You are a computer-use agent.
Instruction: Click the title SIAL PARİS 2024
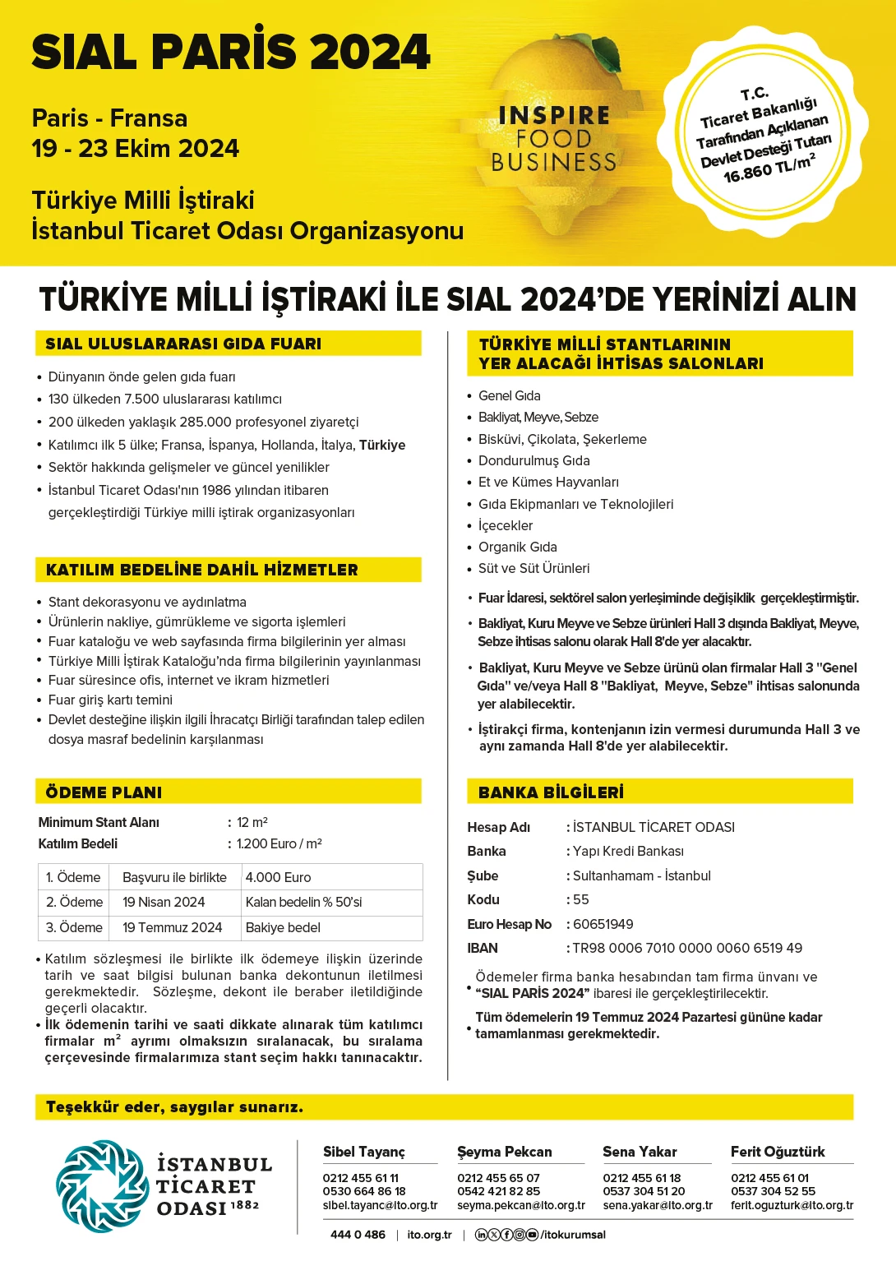tap(231, 53)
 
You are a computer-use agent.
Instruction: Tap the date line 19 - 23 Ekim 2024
tap(136, 149)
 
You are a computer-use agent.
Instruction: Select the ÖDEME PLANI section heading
tap(104, 792)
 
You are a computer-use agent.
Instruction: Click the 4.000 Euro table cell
tap(279, 877)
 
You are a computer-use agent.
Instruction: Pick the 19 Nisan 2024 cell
tap(164, 902)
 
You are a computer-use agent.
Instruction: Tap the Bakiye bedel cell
tap(283, 927)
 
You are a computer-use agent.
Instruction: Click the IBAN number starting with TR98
tap(687, 948)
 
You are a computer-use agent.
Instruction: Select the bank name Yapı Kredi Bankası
tap(628, 851)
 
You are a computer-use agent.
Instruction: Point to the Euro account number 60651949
tap(603, 924)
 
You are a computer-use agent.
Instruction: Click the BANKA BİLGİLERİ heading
tap(551, 792)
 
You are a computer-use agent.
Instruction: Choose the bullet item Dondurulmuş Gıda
tap(533, 460)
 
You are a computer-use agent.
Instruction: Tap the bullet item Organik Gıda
tap(517, 547)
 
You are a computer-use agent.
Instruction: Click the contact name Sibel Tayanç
tap(364, 1152)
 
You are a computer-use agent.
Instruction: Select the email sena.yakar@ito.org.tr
tap(658, 1205)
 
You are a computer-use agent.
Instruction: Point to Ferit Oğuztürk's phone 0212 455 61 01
tap(769, 1178)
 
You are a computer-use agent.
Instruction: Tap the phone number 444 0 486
tap(358, 1235)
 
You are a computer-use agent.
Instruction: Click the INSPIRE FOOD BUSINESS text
tap(553, 138)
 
